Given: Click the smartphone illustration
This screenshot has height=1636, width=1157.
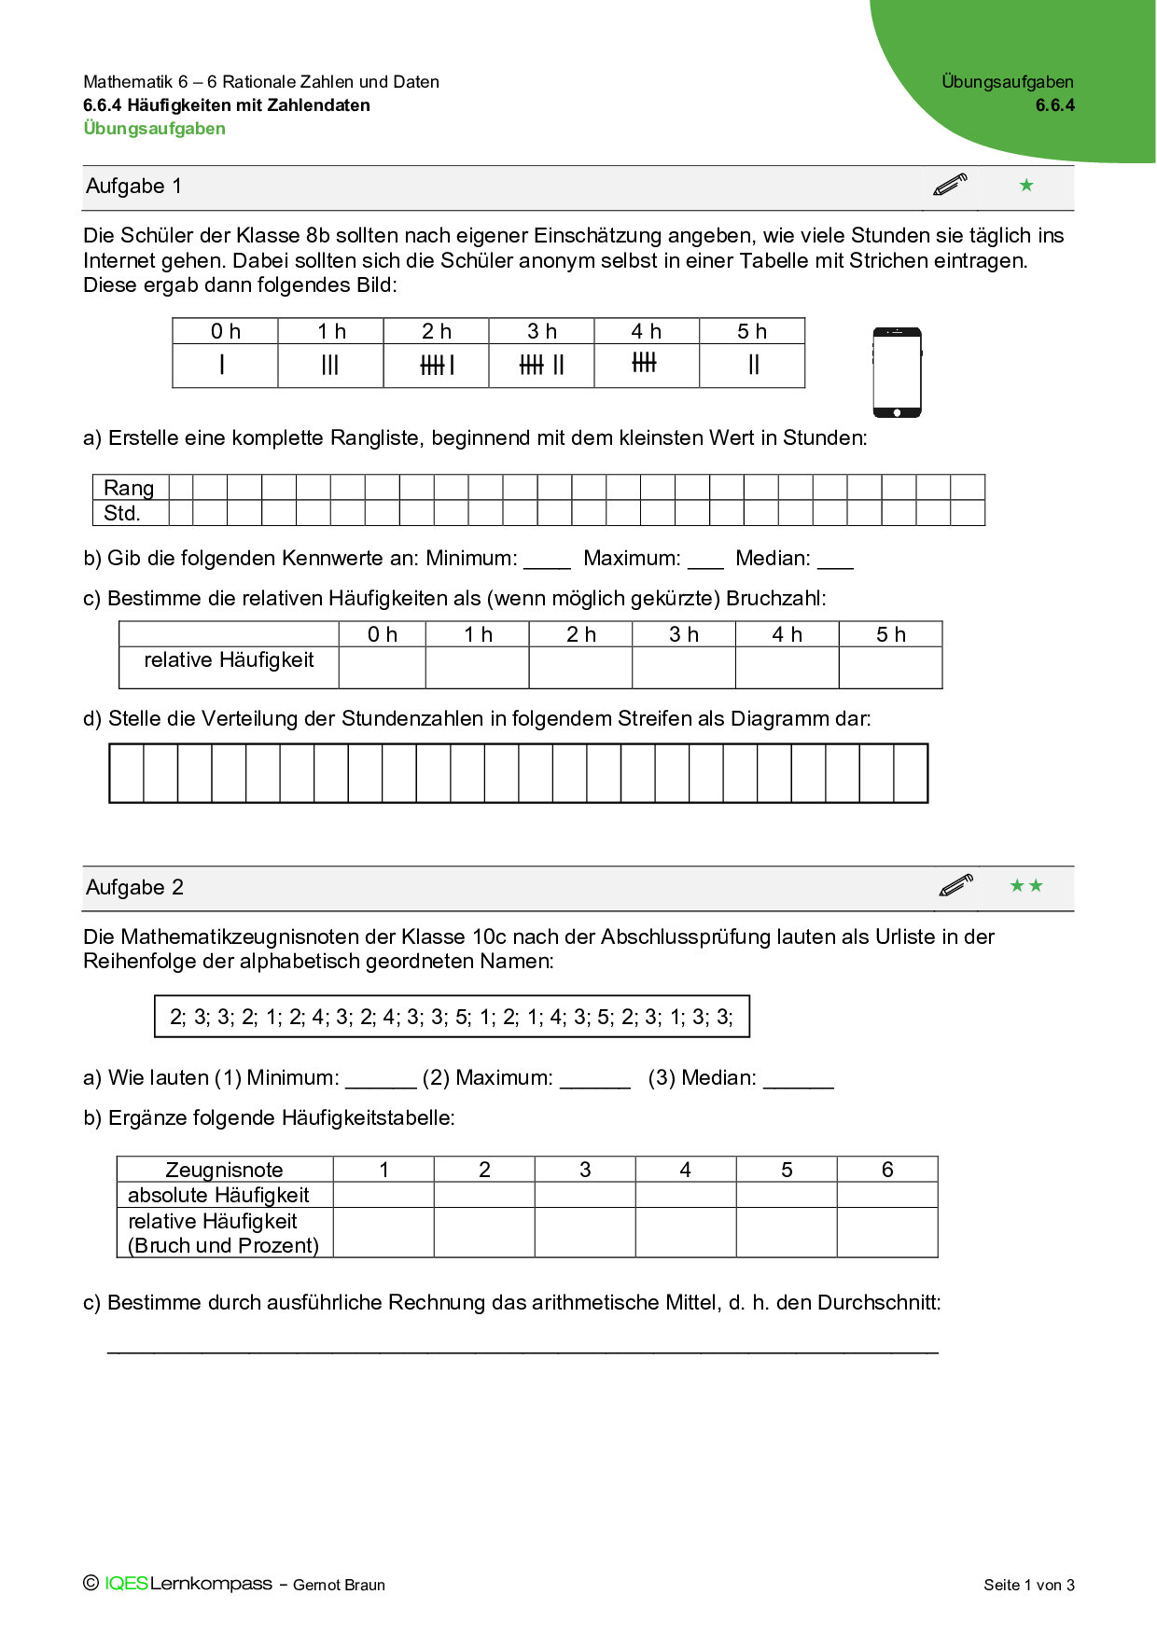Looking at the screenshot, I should click(897, 372).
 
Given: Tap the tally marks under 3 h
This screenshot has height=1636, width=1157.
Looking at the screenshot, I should click(542, 365).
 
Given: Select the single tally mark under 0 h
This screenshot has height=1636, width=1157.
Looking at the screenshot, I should click(222, 365).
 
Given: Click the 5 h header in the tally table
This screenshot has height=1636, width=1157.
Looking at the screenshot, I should click(752, 331).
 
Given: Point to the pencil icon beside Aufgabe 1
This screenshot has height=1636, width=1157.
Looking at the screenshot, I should click(950, 185).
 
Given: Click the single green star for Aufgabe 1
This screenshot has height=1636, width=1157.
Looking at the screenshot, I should click(1026, 185).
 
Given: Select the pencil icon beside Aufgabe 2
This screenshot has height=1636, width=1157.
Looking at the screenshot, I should click(956, 885).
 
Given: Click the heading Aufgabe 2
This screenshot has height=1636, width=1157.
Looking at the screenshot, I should click(134, 887).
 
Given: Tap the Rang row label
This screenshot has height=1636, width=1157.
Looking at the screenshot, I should click(129, 488).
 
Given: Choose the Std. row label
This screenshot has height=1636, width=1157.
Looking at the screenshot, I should click(122, 513).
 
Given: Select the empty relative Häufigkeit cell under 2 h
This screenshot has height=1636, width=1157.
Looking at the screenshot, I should click(580, 668).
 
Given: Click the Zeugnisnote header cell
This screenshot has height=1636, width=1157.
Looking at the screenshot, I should click(224, 1170).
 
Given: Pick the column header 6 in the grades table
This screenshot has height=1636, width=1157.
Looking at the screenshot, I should click(887, 1170).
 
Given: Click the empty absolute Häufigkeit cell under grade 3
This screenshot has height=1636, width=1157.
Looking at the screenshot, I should click(585, 1195).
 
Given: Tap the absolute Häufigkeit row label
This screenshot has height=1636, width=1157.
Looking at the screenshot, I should click(218, 1195).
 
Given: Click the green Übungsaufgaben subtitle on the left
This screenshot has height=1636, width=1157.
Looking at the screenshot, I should click(155, 129).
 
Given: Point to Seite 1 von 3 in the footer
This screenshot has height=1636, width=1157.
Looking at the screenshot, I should click(1029, 1585).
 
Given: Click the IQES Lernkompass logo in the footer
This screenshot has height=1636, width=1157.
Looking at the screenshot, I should click(188, 1584).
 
